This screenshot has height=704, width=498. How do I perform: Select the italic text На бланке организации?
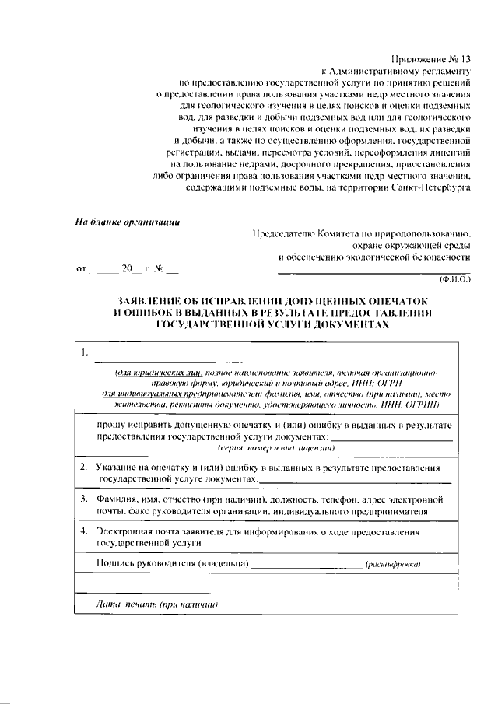coord(128,222)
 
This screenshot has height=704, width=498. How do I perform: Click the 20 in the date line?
coord(128,270)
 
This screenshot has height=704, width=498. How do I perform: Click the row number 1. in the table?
coord(85,355)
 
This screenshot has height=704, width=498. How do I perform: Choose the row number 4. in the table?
coord(84,532)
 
